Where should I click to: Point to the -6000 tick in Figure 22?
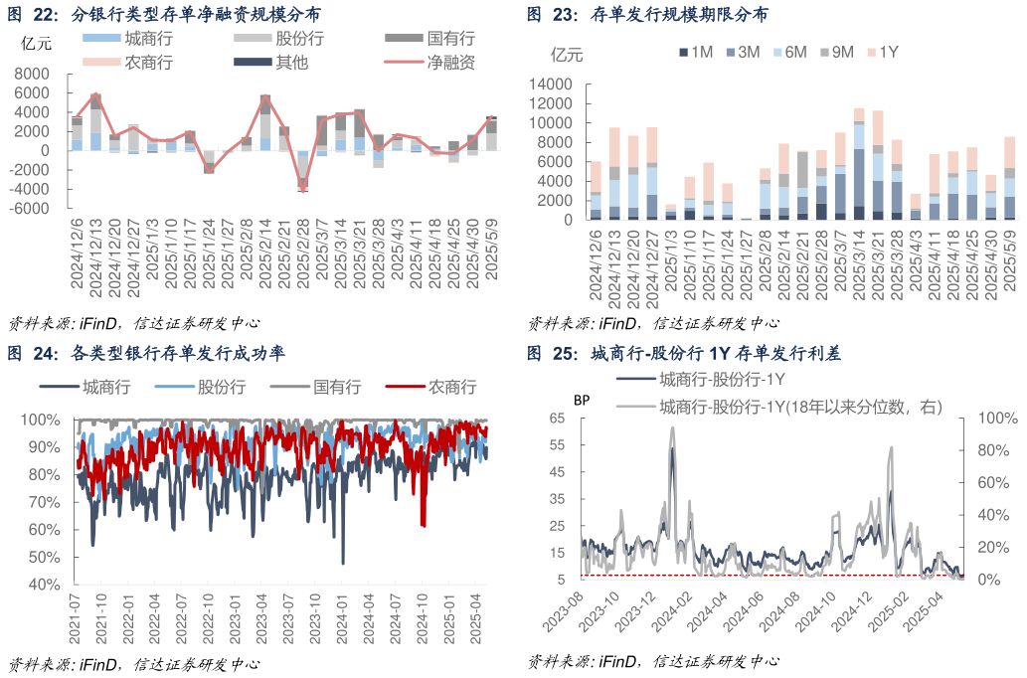tap(34, 209)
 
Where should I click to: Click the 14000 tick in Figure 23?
tap(553, 85)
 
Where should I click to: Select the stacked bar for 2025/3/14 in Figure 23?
tap(859, 164)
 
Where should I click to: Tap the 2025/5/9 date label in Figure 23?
tap(1010, 260)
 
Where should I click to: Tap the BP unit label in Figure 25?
tap(582, 400)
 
